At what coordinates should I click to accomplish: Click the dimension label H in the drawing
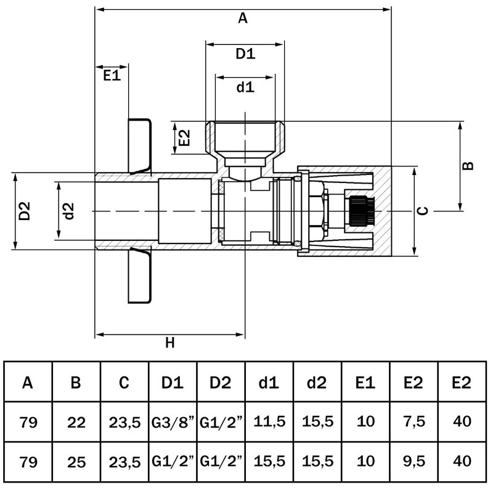[170, 343]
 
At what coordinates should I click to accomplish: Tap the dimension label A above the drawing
[242, 18]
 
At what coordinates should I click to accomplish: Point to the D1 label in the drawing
[245, 54]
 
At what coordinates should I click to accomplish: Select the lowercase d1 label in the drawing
[245, 87]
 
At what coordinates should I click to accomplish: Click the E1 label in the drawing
[111, 75]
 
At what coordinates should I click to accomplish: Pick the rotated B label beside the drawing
[468, 166]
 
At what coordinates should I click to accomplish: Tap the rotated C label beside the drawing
[422, 211]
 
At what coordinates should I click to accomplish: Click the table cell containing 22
[76, 422]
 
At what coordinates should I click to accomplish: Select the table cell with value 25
[76, 460]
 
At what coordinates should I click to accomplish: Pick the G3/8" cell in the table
[173, 422]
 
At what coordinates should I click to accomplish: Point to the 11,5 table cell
[269, 422]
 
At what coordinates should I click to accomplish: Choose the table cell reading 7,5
[413, 422]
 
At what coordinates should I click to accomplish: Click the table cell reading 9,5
[413, 460]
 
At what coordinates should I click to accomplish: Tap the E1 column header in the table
[365, 383]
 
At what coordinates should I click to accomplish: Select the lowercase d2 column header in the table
[317, 383]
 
